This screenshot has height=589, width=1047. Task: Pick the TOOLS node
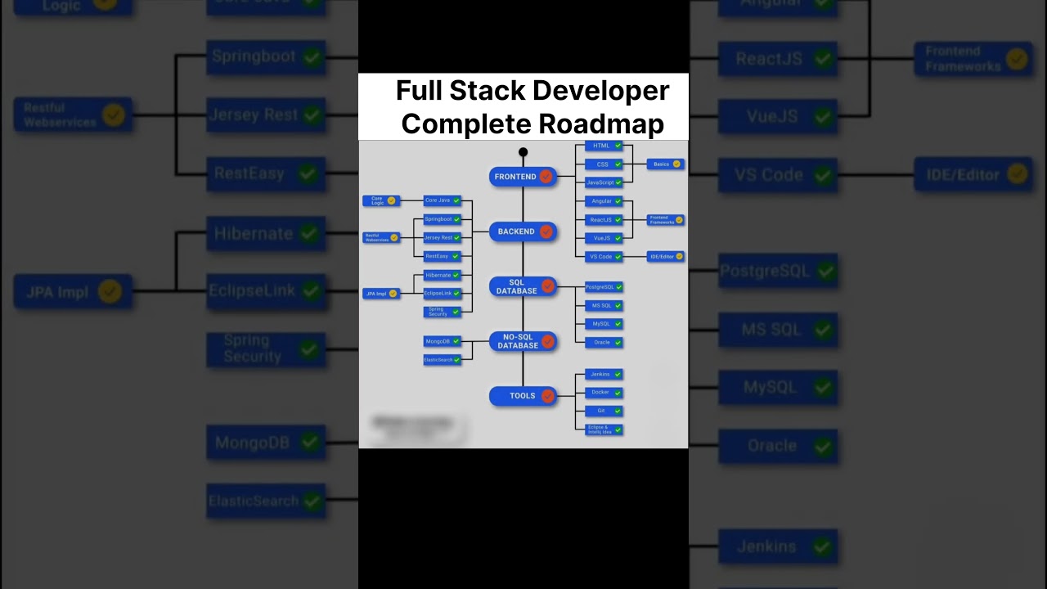[523, 396]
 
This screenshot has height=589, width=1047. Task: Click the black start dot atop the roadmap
[523, 152]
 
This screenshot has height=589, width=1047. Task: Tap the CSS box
[604, 164]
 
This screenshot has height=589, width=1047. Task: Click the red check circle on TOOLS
[547, 396]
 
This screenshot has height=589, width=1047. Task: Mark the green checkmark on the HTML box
[618, 146]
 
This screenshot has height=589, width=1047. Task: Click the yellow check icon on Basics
[676, 164]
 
